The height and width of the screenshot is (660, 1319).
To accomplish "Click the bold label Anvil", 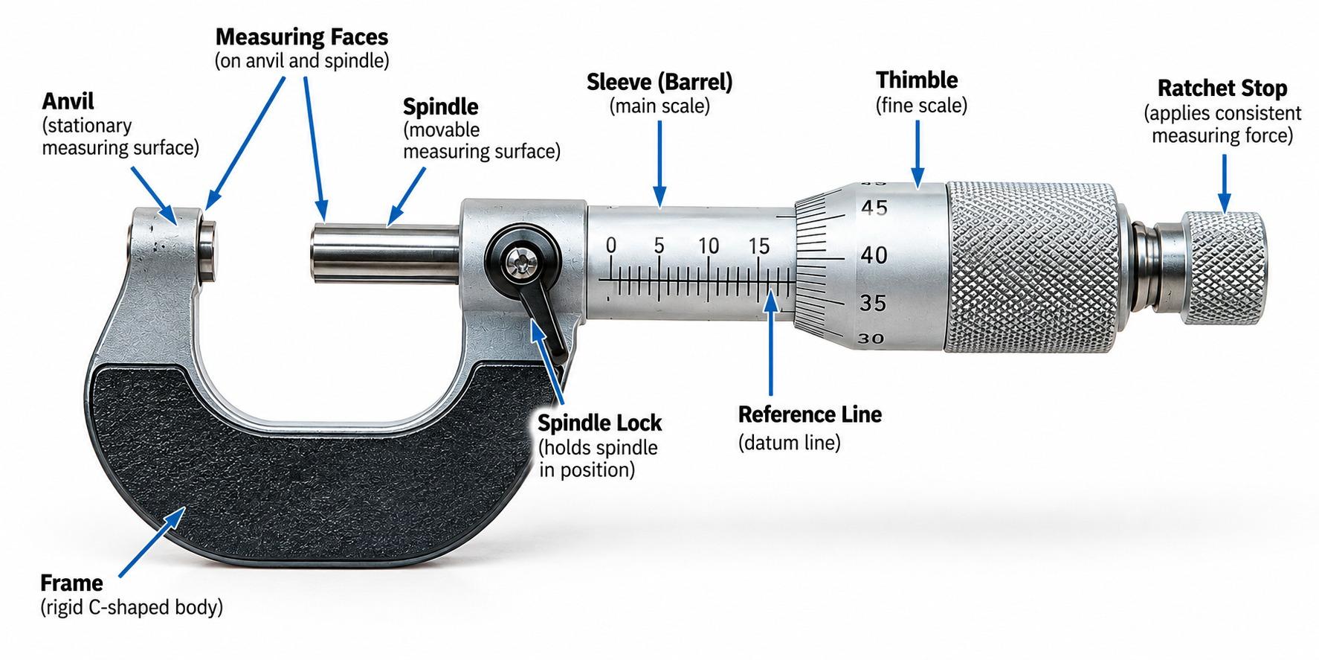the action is point(68,101).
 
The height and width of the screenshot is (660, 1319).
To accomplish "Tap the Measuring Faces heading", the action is point(302,37).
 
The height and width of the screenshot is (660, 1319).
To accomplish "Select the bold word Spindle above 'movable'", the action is point(441,106).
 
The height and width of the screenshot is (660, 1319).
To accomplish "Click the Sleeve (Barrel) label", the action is point(659,82).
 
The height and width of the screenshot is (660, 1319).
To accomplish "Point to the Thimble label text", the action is point(917,80).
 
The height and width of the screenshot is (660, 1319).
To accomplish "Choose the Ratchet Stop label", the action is point(1222,88).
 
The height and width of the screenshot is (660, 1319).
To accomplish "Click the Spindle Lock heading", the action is point(599,423).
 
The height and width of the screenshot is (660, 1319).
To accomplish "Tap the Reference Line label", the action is point(810,414).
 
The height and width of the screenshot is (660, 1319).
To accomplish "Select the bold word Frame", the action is point(71,583).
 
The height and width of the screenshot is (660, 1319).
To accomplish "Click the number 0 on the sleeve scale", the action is point(611,245).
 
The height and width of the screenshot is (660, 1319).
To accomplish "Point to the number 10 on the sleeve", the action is point(709,246).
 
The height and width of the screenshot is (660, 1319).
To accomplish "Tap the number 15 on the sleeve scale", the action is point(758,246).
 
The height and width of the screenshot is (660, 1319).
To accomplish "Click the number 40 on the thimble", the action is point(874,255).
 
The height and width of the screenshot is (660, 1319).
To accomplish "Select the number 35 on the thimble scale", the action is point(874,303).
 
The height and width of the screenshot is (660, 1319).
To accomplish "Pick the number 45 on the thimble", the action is point(874,208).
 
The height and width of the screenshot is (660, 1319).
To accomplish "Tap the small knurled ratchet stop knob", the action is point(1224,268).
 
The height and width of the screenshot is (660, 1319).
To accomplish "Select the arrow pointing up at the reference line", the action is point(771,344).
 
